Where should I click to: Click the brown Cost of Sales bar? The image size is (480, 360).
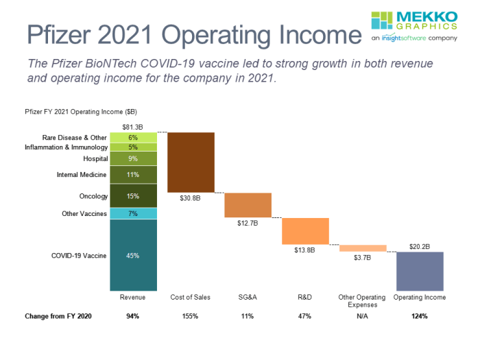[191, 162]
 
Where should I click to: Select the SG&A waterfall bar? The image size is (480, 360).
[248, 205]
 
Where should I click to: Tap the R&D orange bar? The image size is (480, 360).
[305, 230]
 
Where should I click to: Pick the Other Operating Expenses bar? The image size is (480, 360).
[363, 248]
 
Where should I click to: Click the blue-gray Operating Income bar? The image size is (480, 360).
[420, 272]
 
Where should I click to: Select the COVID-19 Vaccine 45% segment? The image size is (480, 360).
[134, 255]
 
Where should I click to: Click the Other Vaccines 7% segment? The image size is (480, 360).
[134, 213]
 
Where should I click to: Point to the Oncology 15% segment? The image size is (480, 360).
[134, 196]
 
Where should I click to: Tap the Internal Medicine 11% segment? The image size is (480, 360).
[134, 175]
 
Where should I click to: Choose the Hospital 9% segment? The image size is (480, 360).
[134, 158]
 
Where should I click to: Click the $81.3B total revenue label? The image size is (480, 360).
[133, 127]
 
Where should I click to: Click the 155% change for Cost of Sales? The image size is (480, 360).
[190, 316]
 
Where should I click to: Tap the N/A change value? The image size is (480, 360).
[362, 316]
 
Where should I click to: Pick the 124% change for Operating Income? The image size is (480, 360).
[420, 316]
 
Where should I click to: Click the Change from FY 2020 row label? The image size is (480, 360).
[58, 316]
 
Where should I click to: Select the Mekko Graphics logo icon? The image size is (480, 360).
[381, 21]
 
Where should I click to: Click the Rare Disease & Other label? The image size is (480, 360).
[75, 137]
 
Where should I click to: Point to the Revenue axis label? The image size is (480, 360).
[133, 298]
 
